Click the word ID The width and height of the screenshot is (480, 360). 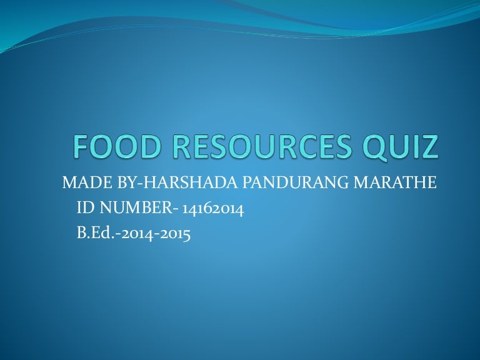83,209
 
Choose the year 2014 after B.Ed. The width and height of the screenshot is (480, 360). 135,235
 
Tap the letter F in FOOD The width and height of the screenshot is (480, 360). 79,147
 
